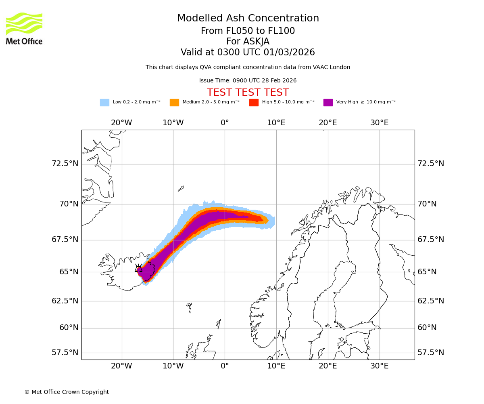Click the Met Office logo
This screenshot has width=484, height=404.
pos(24,28)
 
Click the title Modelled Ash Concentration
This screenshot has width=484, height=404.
pos(248,19)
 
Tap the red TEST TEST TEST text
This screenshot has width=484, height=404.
pos(248,93)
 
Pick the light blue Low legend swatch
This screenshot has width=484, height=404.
pos(104,103)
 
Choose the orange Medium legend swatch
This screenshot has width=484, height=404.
pos(174,103)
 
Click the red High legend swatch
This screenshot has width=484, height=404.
pos(254,103)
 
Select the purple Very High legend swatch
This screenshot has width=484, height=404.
pos(328,103)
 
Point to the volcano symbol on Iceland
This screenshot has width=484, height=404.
pos(138,268)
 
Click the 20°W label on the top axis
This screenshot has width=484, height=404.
pos(121,123)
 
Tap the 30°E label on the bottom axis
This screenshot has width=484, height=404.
pos(379,366)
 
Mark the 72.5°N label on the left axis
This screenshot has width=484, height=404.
pos(65,164)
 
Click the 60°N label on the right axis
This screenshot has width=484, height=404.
pos(427,328)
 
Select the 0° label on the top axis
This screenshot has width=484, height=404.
pos(225,123)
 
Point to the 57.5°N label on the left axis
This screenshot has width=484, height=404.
pos(65,353)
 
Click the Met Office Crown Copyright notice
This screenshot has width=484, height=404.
pos(67,392)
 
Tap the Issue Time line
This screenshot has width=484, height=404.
pos(248,81)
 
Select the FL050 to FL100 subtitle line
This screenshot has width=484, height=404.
pos(248,31)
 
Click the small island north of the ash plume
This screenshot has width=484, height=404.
pos(181,188)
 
